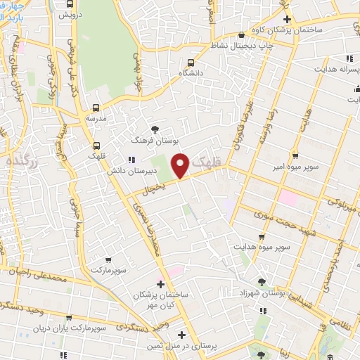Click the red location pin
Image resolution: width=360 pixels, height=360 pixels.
coord(180,165)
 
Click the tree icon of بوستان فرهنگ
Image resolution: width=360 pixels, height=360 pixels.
coord(155,129)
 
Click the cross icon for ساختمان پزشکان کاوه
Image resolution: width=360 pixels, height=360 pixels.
coord(286,18)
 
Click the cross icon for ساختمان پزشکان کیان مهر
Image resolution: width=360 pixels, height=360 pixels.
coord(161,284)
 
